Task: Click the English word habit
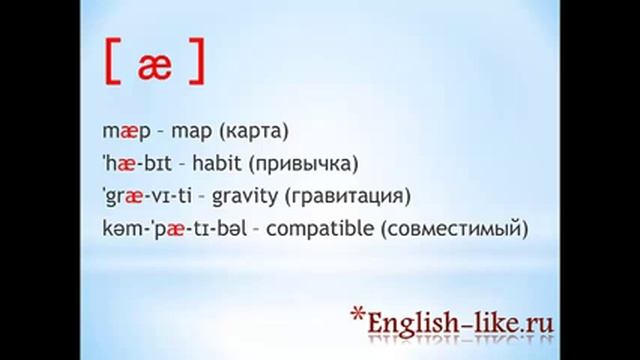click(x=209, y=163)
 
